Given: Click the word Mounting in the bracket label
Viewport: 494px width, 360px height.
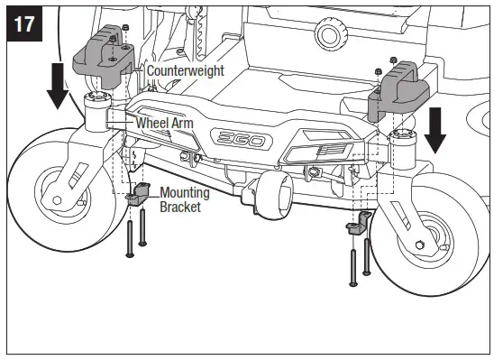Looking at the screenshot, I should coord(185,192).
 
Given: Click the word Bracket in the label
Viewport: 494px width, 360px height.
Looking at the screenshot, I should coord(180,206).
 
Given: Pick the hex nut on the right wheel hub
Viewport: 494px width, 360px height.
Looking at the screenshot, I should coord(420,246).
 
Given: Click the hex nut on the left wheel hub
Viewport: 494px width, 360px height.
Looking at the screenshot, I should coord(57,200).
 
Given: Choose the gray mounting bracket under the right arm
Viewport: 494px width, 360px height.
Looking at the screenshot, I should coord(357,224).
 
